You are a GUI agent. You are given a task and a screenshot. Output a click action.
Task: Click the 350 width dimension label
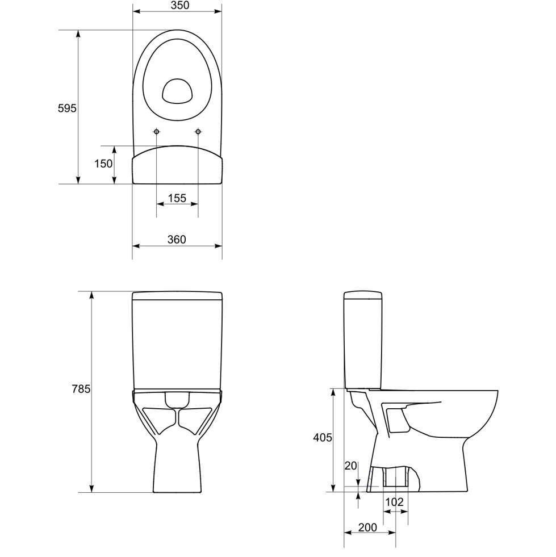pyautogui.click(x=180, y=5)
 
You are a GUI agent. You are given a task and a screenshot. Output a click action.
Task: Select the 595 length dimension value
pyautogui.click(x=67, y=108)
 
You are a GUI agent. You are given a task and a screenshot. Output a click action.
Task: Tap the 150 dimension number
pyautogui.click(x=103, y=164)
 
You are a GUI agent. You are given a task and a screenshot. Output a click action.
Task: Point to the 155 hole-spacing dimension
pyautogui.click(x=177, y=198)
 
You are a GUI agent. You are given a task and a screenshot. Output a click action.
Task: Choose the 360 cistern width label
pyautogui.click(x=177, y=240)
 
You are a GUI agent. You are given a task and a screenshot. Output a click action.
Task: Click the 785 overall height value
pyautogui.click(x=81, y=389)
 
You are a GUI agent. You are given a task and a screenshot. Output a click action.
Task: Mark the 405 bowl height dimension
pyautogui.click(x=322, y=438)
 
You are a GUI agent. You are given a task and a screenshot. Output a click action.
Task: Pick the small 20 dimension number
pyautogui.click(x=350, y=466)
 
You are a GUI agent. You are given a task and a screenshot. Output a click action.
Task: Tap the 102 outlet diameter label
pyautogui.click(x=394, y=502)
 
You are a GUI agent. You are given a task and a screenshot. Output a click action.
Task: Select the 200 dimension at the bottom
pyautogui.click(x=367, y=527)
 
